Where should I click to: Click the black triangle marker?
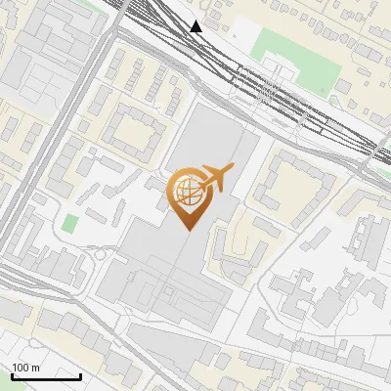197,26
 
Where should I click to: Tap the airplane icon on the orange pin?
218,177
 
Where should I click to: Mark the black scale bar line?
46,375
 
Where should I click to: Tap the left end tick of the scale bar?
12,373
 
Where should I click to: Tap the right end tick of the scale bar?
80,373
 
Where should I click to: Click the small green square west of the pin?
69,223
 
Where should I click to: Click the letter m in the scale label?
35,368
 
